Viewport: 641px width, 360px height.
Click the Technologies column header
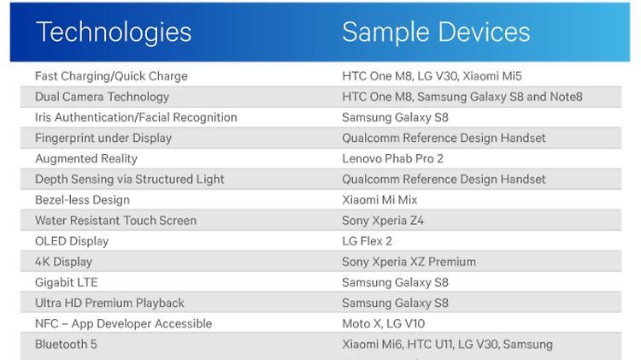tap(114, 32)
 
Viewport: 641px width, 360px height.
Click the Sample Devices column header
tap(436, 32)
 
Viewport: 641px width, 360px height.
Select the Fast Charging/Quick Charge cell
tap(111, 76)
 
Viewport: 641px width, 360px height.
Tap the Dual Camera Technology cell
tap(102, 97)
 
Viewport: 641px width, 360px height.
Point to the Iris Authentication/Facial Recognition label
tap(136, 117)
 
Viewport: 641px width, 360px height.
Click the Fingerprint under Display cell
tap(103, 139)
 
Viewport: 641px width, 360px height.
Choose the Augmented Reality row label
tap(86, 159)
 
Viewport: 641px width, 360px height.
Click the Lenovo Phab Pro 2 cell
tap(392, 159)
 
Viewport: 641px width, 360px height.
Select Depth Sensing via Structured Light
tap(130, 180)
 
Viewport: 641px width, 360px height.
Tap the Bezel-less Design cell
tap(82, 200)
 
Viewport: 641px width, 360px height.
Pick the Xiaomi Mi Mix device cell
tap(379, 200)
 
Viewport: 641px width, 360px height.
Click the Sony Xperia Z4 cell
tap(383, 221)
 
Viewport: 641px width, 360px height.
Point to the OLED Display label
tap(72, 241)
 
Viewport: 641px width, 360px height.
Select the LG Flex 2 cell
tap(367, 241)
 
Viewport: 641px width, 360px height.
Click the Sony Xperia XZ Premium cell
tap(409, 262)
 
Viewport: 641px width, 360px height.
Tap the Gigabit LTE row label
tap(66, 283)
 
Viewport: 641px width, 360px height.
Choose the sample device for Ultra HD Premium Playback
tap(395, 304)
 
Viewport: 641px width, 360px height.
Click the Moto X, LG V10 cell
tap(383, 324)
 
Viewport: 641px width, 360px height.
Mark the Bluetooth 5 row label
tap(66, 345)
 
